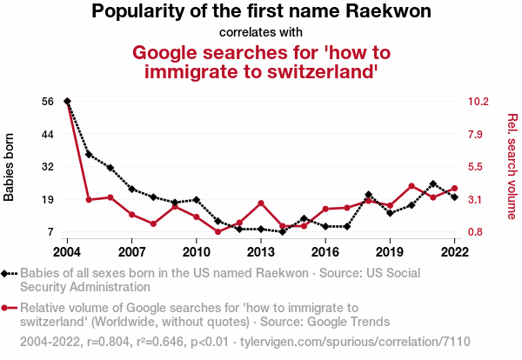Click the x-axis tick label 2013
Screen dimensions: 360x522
pyautogui.click(x=260, y=252)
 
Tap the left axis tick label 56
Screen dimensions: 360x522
pyautogui.click(x=48, y=102)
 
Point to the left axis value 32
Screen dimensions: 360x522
pyautogui.click(x=48, y=167)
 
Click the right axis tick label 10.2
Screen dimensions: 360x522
pyautogui.click(x=478, y=102)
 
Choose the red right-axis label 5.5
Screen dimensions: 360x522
pyautogui.click(x=478, y=167)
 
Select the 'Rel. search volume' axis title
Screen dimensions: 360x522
pyautogui.click(x=512, y=167)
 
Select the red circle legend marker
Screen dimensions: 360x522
pyautogui.click(x=6, y=307)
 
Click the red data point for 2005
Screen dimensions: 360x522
pyautogui.click(x=89, y=200)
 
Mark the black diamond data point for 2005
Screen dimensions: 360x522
pyautogui.click(x=89, y=155)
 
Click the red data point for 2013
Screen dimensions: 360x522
pyautogui.click(x=261, y=203)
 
